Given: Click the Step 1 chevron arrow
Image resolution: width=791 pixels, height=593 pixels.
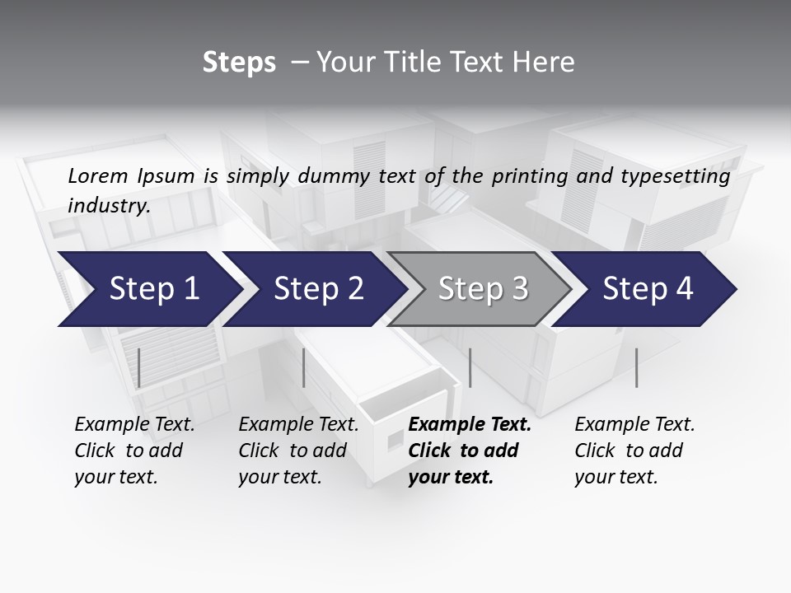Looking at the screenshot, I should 148,289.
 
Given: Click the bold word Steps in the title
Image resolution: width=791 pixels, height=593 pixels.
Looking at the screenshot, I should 239,63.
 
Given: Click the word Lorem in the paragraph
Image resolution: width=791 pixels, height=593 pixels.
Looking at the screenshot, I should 98,175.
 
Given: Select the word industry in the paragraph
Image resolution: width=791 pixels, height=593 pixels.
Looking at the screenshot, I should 108,206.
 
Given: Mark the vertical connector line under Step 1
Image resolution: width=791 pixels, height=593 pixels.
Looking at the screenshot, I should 139,367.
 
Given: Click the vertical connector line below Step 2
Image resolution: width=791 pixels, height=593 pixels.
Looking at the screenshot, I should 305,367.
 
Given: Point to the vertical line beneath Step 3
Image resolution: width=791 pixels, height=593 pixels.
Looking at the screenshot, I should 470,367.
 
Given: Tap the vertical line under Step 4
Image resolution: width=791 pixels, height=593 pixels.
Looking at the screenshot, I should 637,367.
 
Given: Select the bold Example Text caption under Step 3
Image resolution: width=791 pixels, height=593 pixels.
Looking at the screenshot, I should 469,451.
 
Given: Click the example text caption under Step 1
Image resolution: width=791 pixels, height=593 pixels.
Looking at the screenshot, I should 134,451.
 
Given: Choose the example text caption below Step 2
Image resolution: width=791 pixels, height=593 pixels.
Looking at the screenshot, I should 298,451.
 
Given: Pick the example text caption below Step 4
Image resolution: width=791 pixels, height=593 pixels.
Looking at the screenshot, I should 634,451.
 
